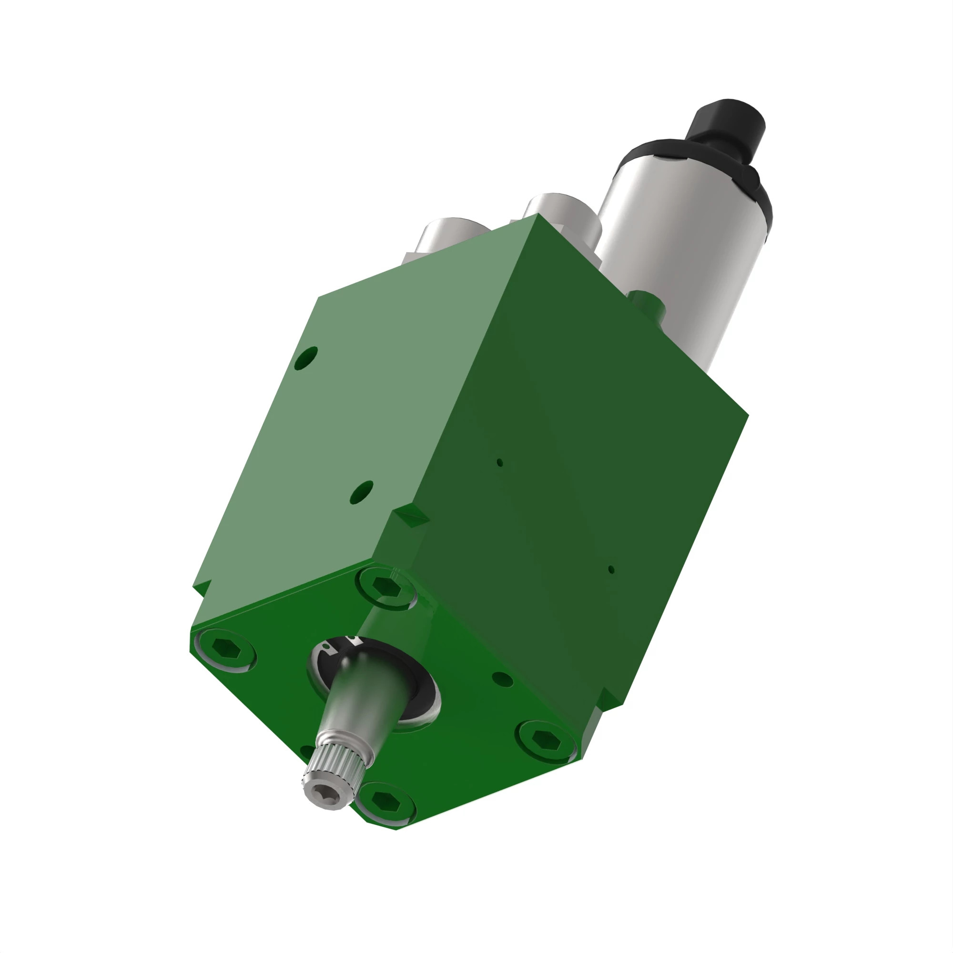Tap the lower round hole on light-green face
click(362, 492)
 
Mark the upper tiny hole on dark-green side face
click(500, 463)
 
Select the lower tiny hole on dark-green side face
click(611, 570)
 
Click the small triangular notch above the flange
click(411, 516)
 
